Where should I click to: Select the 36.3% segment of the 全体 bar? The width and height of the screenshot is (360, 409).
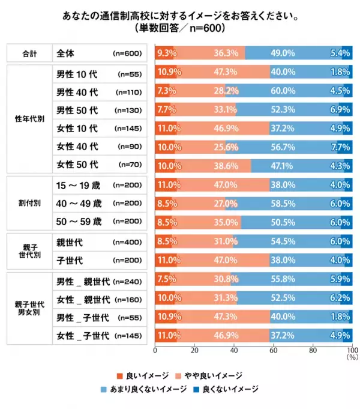click(223, 53)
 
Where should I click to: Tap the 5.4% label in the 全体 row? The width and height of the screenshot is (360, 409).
click(340, 53)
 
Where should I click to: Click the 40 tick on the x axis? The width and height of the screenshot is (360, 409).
click(234, 350)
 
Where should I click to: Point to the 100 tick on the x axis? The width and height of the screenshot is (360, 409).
click(352, 350)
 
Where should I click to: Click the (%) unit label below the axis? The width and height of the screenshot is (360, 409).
click(351, 357)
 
